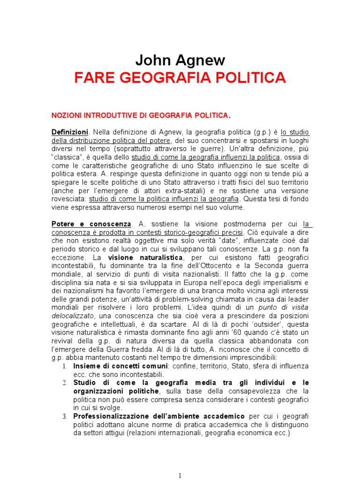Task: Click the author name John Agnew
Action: [x=180, y=60]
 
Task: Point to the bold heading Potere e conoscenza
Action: [x=92, y=224]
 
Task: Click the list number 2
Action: [x=65, y=383]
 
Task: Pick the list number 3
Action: [x=65, y=416]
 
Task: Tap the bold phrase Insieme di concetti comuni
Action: [x=120, y=366]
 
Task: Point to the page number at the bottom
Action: [x=180, y=475]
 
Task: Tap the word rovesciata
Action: [x=69, y=199]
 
